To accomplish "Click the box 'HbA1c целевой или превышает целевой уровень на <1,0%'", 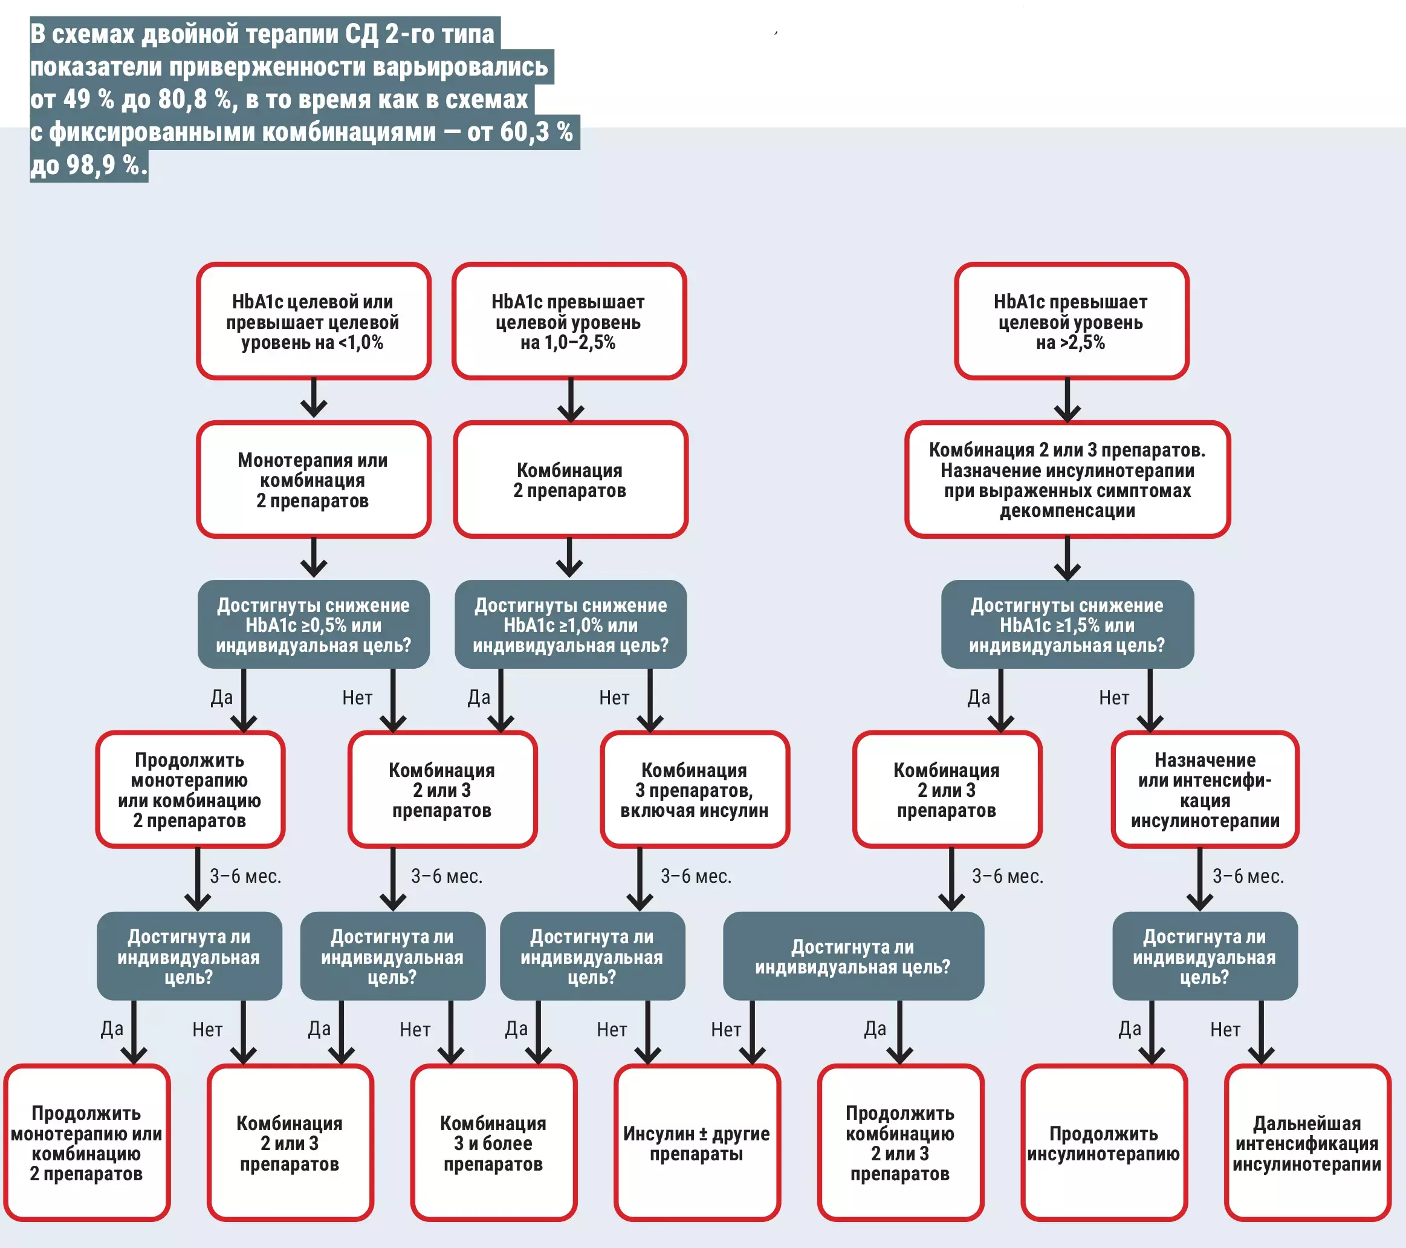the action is tap(314, 320).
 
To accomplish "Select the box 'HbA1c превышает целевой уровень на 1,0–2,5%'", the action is tap(569, 320).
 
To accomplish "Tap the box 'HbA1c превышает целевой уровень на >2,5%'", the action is tap(1072, 320).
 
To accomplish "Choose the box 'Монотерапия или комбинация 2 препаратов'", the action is tap(314, 479).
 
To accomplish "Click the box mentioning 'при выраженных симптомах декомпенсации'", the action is tap(1067, 479).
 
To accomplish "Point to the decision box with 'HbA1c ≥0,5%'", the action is tap(314, 624).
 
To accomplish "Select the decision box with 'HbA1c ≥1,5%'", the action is tap(1067, 624).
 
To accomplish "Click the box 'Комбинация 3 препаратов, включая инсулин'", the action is tap(695, 789).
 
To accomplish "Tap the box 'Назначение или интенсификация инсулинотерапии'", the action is tap(1205, 789).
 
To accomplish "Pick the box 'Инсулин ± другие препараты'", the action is tap(698, 1143).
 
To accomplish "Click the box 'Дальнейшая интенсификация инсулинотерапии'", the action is tap(1307, 1143).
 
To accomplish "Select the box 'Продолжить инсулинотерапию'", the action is tap(1104, 1143).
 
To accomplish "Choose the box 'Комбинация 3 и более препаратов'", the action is tap(494, 1143).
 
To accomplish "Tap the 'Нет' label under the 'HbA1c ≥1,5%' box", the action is tap(1113, 698).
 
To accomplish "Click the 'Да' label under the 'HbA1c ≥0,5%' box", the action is tap(221, 698).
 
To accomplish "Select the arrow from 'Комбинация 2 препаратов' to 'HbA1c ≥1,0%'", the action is tap(569, 557).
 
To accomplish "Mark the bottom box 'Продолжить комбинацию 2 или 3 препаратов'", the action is tap(901, 1143).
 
